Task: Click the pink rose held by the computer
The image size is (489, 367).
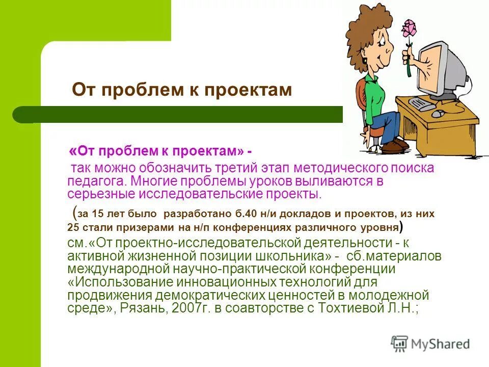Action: (x=409, y=30)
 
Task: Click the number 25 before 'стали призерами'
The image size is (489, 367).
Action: (x=73, y=227)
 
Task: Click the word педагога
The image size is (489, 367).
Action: (x=95, y=181)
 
